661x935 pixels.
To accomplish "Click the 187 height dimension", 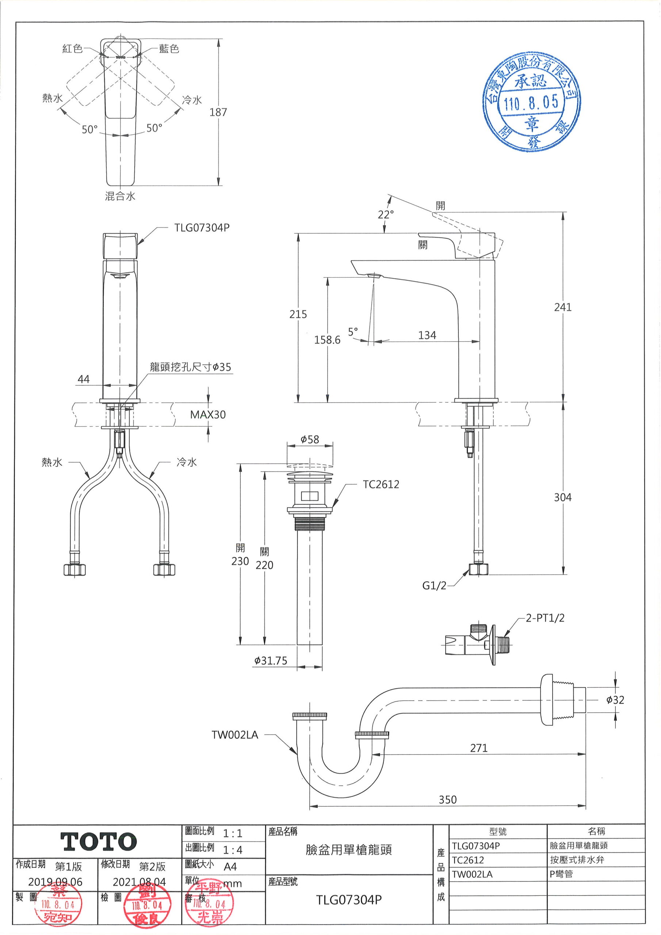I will coord(218,112).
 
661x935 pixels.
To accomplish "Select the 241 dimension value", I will coord(562,307).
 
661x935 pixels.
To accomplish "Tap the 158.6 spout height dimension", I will coord(327,340).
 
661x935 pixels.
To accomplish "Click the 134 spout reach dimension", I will coord(427,335).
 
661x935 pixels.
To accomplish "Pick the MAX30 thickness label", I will coord(208,415).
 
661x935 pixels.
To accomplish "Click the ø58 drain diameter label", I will coord(310,439).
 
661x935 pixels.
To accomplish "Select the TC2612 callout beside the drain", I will coord(381,484).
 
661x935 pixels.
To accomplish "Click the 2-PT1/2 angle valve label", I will coord(545,618).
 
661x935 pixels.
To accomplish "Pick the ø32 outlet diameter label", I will coord(615,700).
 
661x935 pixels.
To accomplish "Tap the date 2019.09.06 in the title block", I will coord(55,882).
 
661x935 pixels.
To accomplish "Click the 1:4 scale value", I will coord(233,850).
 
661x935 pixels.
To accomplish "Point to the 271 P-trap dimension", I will coord(478,748).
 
